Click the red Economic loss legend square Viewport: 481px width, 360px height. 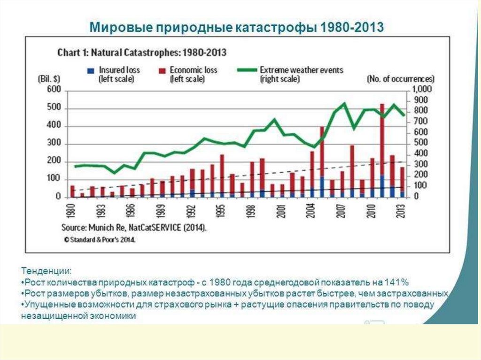pos(161,70)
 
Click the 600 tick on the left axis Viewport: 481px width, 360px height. pos(54,90)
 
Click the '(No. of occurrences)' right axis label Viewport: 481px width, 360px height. pos(400,79)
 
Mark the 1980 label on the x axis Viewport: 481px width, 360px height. pos(72,212)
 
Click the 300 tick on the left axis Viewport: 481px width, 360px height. pos(54,144)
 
